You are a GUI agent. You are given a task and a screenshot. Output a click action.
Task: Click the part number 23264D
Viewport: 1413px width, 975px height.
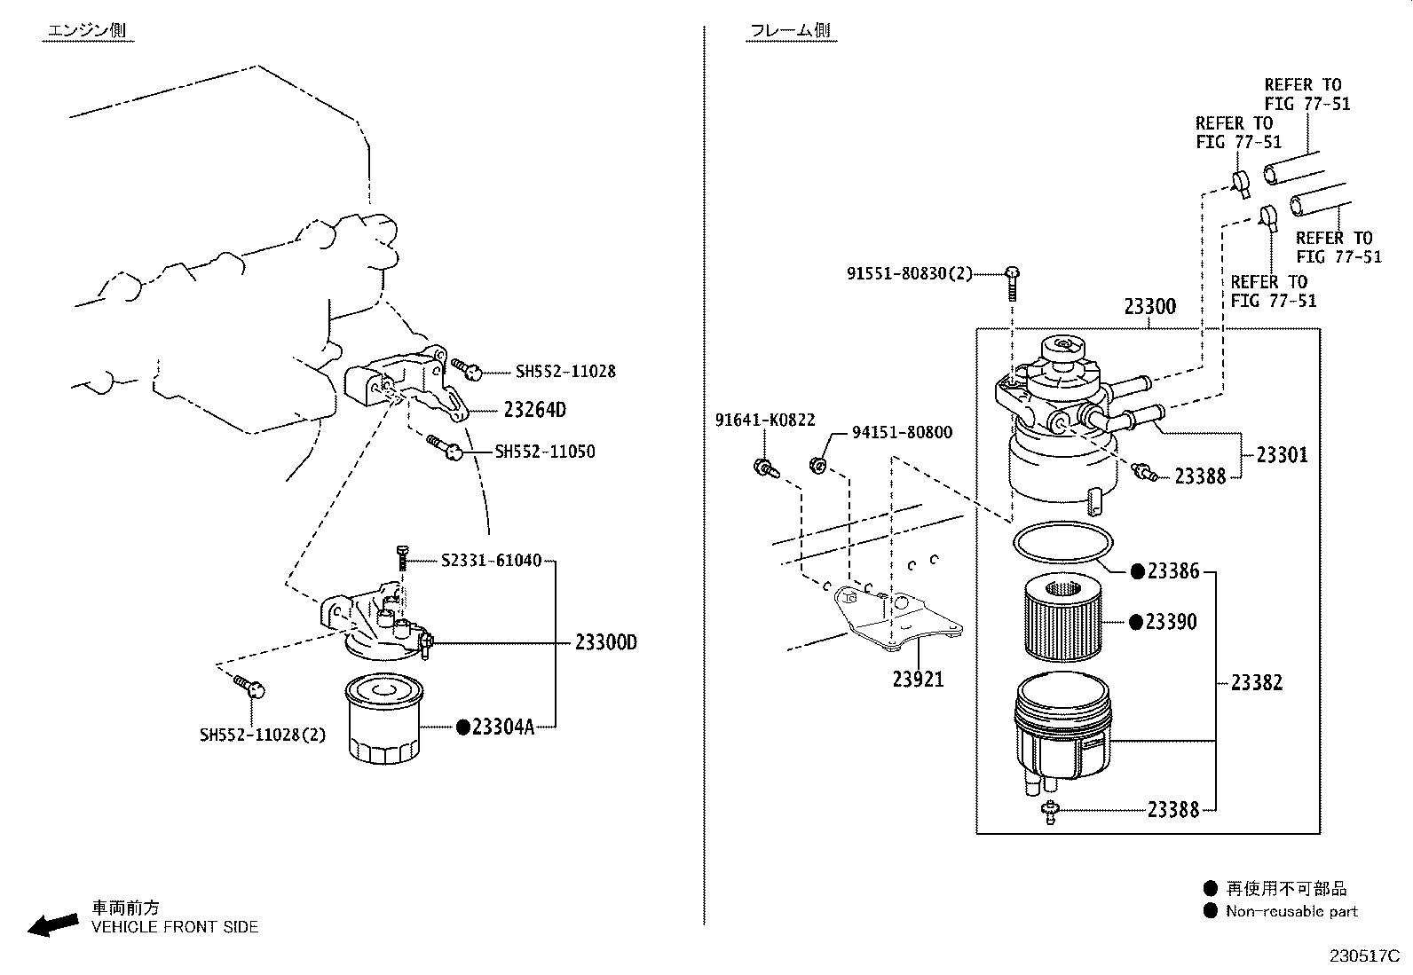535,410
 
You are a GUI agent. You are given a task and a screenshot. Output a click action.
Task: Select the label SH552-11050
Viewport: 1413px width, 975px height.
545,452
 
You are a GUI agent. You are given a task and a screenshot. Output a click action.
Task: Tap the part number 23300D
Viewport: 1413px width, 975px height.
606,642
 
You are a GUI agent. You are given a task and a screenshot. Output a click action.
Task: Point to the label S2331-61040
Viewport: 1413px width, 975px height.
492,560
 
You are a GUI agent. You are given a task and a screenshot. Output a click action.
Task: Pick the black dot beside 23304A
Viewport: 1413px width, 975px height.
463,727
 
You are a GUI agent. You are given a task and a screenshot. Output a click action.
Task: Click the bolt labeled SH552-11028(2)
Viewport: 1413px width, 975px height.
249,686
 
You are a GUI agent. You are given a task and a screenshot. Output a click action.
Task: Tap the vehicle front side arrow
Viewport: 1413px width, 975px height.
53,925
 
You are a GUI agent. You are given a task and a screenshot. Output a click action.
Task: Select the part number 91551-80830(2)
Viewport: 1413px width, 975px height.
910,274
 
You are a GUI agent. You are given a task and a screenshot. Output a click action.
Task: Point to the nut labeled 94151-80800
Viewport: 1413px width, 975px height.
818,466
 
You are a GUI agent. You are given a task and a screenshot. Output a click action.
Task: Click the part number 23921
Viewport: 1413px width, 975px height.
918,680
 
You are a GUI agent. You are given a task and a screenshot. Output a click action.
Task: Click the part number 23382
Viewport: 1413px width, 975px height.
1257,683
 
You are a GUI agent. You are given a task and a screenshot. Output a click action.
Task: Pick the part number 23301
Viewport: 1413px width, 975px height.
1282,455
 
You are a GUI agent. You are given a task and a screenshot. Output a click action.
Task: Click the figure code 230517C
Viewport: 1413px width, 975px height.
1364,956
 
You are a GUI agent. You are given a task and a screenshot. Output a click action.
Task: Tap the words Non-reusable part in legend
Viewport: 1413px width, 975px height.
1292,911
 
